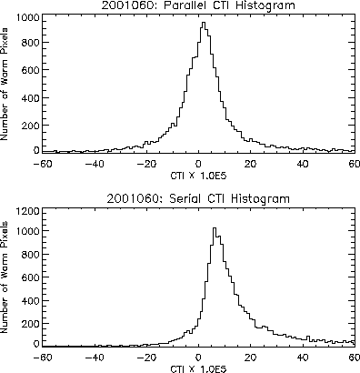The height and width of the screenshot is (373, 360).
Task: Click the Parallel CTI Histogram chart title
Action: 198,5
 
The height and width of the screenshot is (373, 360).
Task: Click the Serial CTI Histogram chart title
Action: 198,199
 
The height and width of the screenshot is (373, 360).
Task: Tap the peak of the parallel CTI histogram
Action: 204,23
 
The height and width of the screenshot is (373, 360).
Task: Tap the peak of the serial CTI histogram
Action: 215,228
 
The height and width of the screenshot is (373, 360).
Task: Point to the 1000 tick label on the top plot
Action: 28,17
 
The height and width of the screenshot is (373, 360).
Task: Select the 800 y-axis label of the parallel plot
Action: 31,43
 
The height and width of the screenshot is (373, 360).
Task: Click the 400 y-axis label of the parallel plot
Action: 31,98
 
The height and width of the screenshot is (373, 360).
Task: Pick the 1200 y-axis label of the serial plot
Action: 28,211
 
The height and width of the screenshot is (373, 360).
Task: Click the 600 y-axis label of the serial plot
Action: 31,277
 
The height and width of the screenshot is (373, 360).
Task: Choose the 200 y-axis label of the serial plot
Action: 31,324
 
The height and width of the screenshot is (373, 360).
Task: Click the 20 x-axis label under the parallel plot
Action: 250,164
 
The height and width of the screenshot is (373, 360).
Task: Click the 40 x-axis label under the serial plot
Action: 303,358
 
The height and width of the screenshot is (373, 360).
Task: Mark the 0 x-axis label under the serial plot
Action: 198,358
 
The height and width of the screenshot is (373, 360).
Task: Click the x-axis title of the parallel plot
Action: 198,176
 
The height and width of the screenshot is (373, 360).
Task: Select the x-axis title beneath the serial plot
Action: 198,369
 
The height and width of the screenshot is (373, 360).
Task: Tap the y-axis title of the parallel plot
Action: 5,85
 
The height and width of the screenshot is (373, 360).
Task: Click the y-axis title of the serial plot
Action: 5,277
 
